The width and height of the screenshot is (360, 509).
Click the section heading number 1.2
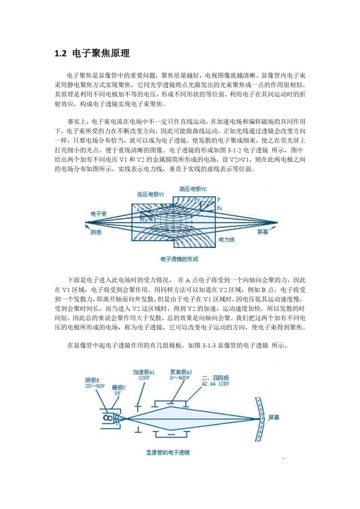[61, 54]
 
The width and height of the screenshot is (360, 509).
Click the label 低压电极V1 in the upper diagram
[150, 194]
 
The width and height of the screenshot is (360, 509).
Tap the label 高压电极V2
[193, 189]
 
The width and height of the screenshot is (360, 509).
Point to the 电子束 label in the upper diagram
[99, 214]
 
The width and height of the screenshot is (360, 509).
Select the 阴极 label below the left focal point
[96, 232]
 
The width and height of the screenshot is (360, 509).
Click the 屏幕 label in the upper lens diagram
[263, 232]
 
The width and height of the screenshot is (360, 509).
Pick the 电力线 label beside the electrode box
[226, 240]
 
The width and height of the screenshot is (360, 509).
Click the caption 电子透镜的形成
[179, 259]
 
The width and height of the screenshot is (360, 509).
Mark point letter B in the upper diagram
[198, 214]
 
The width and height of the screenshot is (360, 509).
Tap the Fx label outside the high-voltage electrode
[220, 208]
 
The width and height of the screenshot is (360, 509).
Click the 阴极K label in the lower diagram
[92, 380]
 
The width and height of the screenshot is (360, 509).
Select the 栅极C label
[119, 387]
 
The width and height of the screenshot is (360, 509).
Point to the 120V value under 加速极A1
[144, 378]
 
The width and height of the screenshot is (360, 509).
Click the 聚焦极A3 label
[181, 372]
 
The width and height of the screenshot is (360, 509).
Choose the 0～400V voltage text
[180, 378]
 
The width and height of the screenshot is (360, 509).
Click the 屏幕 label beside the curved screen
[274, 417]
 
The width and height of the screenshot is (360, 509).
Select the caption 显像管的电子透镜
[168, 453]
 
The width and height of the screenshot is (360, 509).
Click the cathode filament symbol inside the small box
[108, 418]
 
